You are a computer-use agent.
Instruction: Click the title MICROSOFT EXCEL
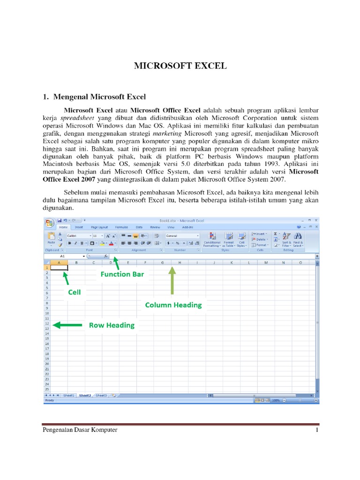coord(180,66)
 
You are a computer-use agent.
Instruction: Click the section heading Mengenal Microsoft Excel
coord(99,97)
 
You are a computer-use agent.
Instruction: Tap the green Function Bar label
coord(122,274)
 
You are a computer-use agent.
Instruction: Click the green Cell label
coord(75,292)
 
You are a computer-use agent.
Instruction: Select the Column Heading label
coord(173,305)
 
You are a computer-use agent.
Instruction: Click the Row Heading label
coord(112,325)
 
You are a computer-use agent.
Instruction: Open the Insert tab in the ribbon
coord(79,227)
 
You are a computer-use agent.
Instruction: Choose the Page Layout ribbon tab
coord(99,227)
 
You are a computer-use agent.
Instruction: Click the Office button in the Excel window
coord(49,222)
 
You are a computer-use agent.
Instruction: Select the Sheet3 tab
coord(101,395)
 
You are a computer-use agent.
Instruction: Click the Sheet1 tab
coord(69,395)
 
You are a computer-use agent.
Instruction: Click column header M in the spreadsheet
coord(266,262)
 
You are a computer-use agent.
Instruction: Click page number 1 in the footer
coord(317,430)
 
